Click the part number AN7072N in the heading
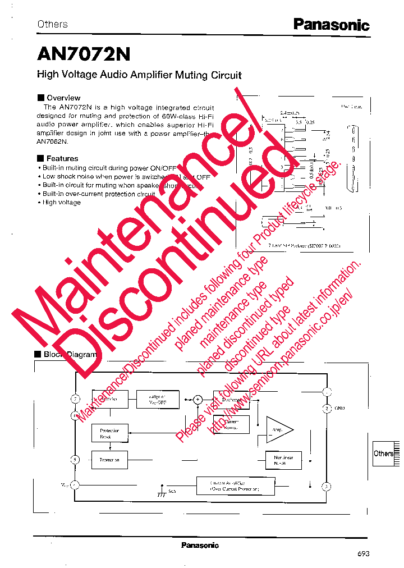click(84, 54)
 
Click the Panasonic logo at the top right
click(331, 25)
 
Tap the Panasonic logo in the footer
click(200, 545)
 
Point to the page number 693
click(363, 553)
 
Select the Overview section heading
click(63, 98)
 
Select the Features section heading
click(62, 158)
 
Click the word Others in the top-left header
click(52, 24)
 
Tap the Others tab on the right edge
click(384, 454)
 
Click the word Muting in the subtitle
click(192, 75)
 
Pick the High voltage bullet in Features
click(61, 203)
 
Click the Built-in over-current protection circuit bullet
click(98, 194)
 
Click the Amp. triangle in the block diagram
click(278, 430)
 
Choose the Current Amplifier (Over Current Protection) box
click(235, 486)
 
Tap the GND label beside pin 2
click(340, 409)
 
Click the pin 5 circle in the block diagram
click(75, 460)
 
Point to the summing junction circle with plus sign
click(198, 400)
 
